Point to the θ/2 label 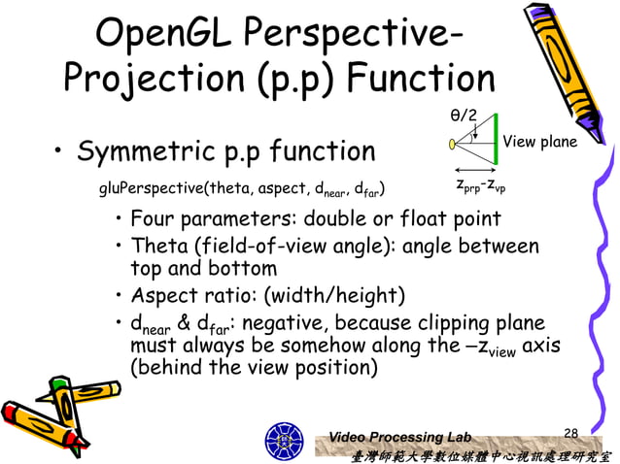coord(463,116)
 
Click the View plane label coord(539,143)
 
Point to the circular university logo coord(285,440)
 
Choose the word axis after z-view coord(541,346)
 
